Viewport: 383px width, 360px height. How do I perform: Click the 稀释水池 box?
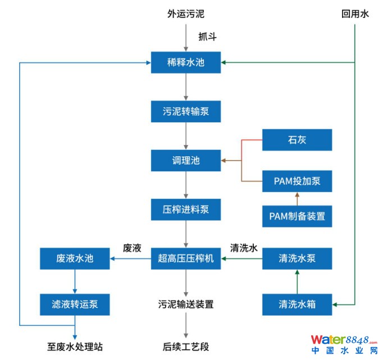coord(186,62)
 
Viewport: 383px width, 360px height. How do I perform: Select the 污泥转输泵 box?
coord(186,111)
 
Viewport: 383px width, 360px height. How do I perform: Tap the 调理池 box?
coord(186,161)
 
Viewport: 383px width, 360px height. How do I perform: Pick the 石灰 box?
coord(297,140)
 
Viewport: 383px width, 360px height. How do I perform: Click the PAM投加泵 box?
coord(297,181)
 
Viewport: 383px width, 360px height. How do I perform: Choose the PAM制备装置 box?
coord(297,216)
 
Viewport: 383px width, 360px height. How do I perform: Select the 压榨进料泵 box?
coord(186,209)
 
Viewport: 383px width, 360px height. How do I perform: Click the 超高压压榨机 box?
coord(186,259)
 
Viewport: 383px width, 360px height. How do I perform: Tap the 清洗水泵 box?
coord(297,259)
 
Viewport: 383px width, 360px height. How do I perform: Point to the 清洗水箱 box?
coord(297,304)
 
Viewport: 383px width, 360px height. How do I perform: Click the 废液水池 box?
coord(75,259)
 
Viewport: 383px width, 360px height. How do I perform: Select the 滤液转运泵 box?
coord(75,304)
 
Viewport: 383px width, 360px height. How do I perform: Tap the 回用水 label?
coord(355,14)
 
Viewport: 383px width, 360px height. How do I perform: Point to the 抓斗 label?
coord(207,37)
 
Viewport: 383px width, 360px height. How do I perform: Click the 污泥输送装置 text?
coord(186,304)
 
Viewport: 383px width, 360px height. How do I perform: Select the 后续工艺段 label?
coord(186,347)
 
